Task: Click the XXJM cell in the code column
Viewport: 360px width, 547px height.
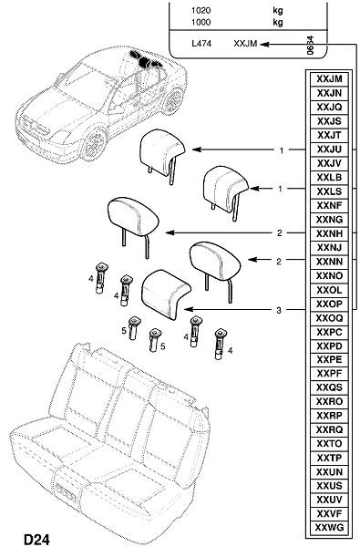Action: pyautogui.click(x=329, y=78)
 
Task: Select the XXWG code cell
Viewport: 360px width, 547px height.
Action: pyautogui.click(x=329, y=527)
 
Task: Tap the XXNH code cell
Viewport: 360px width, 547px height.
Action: pyautogui.click(x=329, y=233)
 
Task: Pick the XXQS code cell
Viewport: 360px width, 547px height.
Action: pyautogui.click(x=329, y=387)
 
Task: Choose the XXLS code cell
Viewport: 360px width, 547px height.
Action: pyautogui.click(x=329, y=191)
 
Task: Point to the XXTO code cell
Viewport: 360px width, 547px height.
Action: pyautogui.click(x=329, y=443)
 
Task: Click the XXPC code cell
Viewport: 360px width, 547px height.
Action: pyautogui.click(x=329, y=332)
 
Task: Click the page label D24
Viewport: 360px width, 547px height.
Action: pyautogui.click(x=36, y=540)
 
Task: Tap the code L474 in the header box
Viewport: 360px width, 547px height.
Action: pyautogui.click(x=201, y=44)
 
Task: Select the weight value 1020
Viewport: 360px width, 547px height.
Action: pyautogui.click(x=201, y=10)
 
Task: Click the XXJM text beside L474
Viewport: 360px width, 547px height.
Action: pyautogui.click(x=245, y=44)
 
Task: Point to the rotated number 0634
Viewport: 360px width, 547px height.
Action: pyautogui.click(x=310, y=46)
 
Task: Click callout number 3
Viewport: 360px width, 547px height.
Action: pyautogui.click(x=278, y=310)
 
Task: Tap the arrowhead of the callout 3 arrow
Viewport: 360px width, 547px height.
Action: pyautogui.click(x=189, y=309)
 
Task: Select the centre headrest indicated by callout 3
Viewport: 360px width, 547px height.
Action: pyautogui.click(x=166, y=294)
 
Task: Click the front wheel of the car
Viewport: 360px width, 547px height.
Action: pyautogui.click(x=94, y=143)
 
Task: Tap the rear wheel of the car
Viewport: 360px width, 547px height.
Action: pyautogui.click(x=172, y=99)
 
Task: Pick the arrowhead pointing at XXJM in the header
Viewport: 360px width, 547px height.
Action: pyautogui.click(x=264, y=44)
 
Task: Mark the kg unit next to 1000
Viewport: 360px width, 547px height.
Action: pyautogui.click(x=278, y=22)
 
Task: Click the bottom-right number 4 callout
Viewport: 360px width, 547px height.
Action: pyautogui.click(x=230, y=350)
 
